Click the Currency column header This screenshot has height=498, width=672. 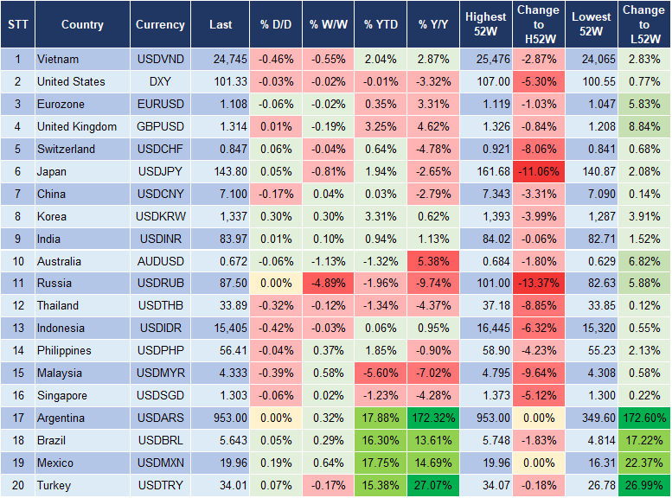(x=160, y=25)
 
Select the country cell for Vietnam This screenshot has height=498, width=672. (x=58, y=60)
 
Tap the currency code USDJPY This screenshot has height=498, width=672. (x=160, y=171)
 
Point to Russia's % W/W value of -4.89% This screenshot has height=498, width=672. (x=327, y=283)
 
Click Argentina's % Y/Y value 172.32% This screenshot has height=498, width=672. (x=435, y=418)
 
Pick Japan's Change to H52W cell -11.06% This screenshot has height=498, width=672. (x=537, y=171)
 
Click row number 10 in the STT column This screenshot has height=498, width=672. (x=17, y=261)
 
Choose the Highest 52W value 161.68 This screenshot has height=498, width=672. (x=485, y=171)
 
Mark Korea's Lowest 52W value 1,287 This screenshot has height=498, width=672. (x=592, y=216)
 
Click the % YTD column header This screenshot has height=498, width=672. (x=380, y=25)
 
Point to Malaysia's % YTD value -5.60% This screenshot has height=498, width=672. (x=380, y=373)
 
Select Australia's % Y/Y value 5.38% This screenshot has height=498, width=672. (x=435, y=261)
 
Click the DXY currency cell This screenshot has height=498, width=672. (x=160, y=81)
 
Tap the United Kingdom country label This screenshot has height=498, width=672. (x=77, y=126)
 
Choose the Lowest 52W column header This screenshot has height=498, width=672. (x=592, y=25)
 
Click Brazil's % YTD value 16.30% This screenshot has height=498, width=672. (x=380, y=440)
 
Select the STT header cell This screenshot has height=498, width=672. (x=17, y=25)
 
